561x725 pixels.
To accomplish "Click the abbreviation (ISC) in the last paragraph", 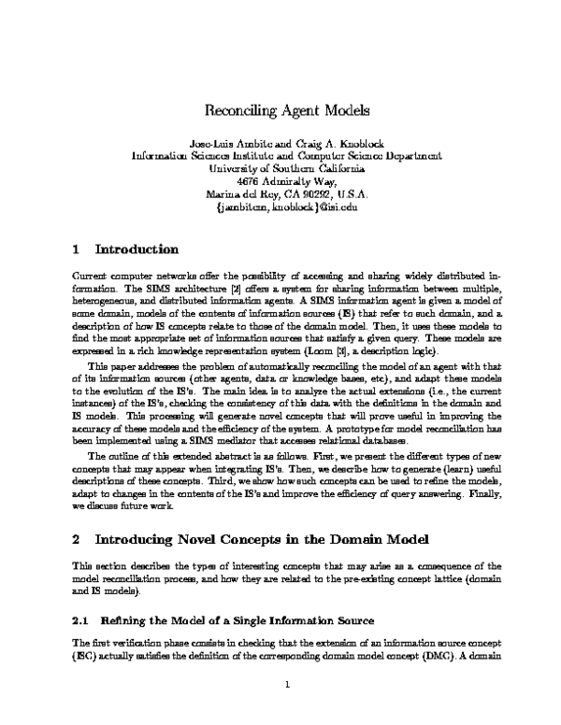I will (x=85, y=656).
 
